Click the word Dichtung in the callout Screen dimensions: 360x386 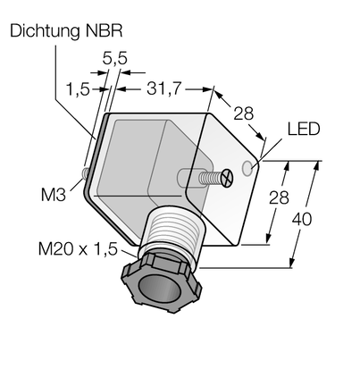pos(45,31)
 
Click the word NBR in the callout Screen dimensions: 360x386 pos(104,30)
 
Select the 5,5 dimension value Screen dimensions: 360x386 pos(115,58)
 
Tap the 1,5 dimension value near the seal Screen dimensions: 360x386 pos(78,89)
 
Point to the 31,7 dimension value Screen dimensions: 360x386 pos(163,88)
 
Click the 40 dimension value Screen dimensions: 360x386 pos(302,220)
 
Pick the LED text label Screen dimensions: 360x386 pos(304,130)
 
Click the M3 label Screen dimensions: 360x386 pos(54,195)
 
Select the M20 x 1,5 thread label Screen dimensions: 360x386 pos(78,249)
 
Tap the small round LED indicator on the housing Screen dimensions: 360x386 pos(247,168)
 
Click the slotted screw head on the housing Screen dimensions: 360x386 pos(227,178)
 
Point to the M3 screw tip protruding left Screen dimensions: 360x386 pos(85,173)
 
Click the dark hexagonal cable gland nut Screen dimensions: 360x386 pos(161,283)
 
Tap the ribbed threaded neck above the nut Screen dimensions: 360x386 pos(173,230)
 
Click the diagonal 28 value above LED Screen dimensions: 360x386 pos(243,113)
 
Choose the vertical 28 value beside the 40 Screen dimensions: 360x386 pos(279,197)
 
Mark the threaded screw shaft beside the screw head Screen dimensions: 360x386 pos(210,178)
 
